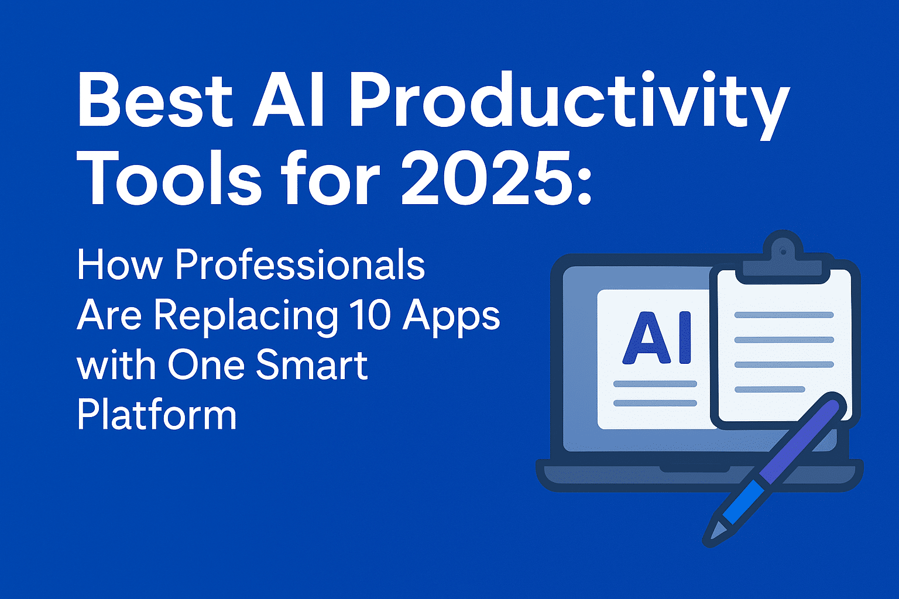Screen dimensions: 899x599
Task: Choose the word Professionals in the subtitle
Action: [300, 265]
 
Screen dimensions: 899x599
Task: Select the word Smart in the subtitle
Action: [311, 364]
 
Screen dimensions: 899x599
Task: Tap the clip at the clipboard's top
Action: [782, 257]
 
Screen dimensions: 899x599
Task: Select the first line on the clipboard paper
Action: [784, 315]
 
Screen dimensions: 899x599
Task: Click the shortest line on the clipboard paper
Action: [770, 389]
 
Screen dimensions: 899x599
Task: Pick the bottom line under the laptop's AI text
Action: [655, 403]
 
